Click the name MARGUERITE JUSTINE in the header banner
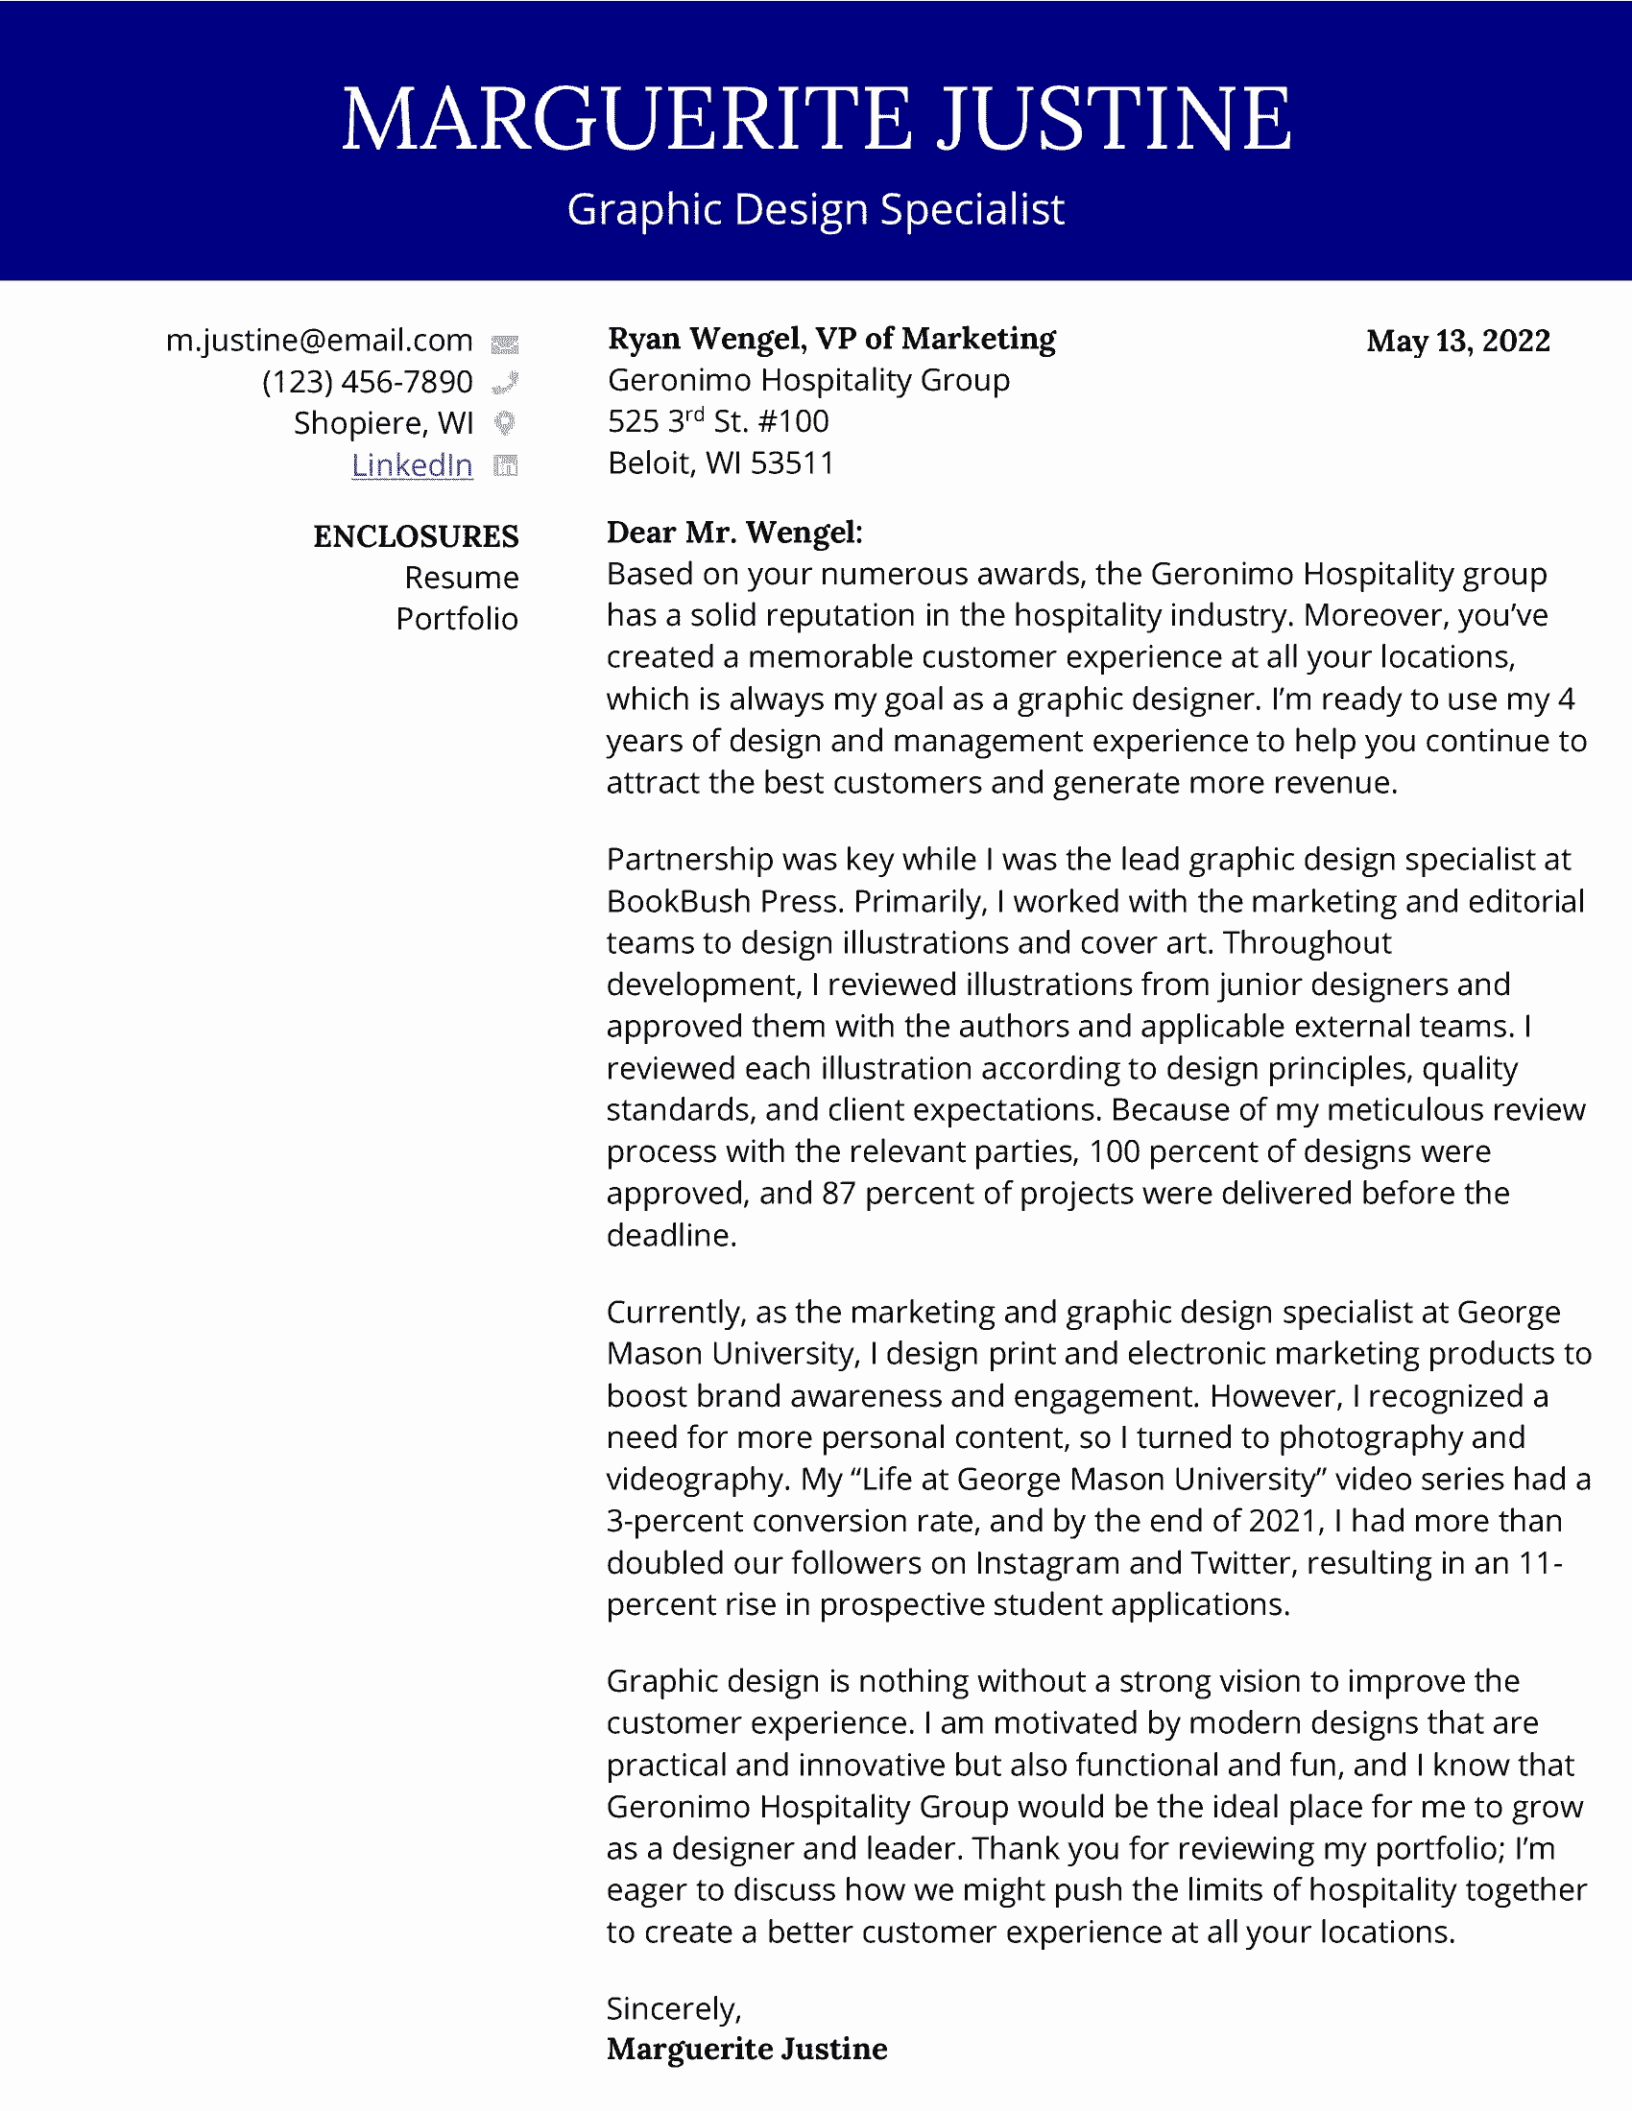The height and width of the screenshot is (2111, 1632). tap(816, 119)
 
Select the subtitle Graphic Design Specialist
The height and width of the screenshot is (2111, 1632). tap(816, 210)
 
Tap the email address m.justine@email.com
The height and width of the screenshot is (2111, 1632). tap(319, 341)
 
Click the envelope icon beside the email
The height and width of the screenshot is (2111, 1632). tap(505, 344)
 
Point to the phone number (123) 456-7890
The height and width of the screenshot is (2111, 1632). tap(368, 382)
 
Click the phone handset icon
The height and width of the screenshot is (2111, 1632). tap(505, 384)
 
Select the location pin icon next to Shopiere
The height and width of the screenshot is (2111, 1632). tap(505, 423)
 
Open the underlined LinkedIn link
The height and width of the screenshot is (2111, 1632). tap(412, 465)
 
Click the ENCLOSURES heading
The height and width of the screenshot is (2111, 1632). tap(416, 536)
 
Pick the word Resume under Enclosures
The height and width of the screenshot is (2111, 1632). tap(461, 578)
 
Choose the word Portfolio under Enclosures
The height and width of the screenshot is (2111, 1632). tap(457, 619)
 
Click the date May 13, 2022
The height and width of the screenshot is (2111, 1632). tap(1458, 341)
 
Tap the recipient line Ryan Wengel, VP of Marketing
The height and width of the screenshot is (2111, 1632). tap(831, 339)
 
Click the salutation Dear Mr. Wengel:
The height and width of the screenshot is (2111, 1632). tap(734, 532)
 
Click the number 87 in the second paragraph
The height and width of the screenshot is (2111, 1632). tap(838, 1194)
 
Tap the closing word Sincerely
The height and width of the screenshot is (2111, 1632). tap(673, 2008)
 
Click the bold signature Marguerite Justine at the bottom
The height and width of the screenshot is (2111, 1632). tap(746, 2050)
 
